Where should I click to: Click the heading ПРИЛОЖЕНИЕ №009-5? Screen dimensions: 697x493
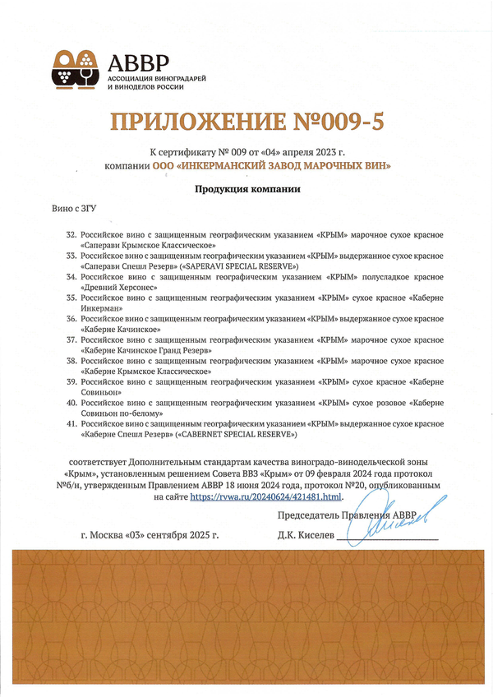point(247,122)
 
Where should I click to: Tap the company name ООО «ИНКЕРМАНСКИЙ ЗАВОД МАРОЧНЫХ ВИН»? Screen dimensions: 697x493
point(271,166)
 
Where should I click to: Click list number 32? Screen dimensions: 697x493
point(72,234)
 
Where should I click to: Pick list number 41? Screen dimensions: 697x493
point(72,423)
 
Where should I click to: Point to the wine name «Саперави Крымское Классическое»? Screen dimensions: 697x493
point(148,245)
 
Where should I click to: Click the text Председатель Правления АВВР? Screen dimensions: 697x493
point(348,515)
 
